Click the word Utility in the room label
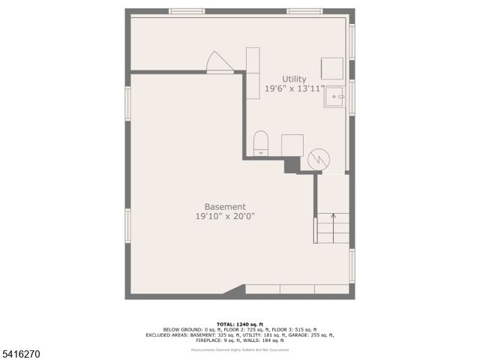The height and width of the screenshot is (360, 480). [x=294, y=79]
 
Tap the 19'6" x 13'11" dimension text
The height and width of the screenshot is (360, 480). [x=294, y=88]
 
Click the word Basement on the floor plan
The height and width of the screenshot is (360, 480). [x=225, y=207]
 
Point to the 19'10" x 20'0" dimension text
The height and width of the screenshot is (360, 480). [x=225, y=217]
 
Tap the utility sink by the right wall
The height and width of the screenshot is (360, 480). [x=334, y=96]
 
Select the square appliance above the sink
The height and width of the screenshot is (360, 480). [x=332, y=67]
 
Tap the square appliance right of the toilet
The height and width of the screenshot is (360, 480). [x=292, y=145]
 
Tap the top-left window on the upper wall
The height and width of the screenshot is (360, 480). [x=187, y=11]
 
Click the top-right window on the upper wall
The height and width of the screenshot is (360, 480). [x=304, y=11]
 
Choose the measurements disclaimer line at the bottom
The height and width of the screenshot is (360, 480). [x=240, y=349]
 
